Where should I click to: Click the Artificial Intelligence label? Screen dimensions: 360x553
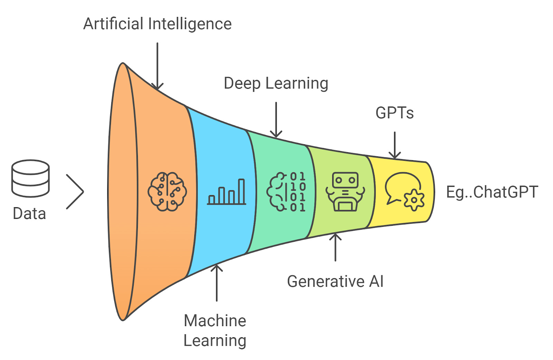pyautogui.click(x=157, y=24)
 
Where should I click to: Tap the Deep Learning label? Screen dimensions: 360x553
pyautogui.click(x=276, y=84)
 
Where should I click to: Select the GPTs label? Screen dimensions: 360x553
pyautogui.click(x=394, y=113)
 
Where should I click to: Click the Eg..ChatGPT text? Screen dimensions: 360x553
pyautogui.click(x=492, y=192)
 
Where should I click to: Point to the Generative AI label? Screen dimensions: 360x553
pyautogui.click(x=335, y=281)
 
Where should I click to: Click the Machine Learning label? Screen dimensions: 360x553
pyautogui.click(x=215, y=331)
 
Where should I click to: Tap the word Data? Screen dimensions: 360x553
pyautogui.click(x=29, y=214)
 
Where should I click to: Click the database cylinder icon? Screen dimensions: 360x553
pyautogui.click(x=30, y=178)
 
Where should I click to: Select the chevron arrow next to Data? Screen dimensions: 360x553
pyautogui.click(x=75, y=192)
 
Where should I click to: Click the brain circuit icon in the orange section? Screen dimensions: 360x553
pyautogui.click(x=167, y=192)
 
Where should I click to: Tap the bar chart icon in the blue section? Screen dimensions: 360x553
pyautogui.click(x=227, y=192)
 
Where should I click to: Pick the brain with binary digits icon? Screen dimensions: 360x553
pyautogui.click(x=286, y=192)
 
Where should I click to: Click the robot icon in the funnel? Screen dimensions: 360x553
pyautogui.click(x=345, y=192)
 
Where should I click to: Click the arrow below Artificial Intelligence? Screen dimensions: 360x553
pyautogui.click(x=157, y=66)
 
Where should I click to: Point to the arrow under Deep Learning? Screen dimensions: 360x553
pyautogui.click(x=276, y=120)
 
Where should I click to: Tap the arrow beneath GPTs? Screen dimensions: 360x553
pyautogui.click(x=395, y=145)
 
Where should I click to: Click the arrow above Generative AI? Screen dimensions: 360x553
pyautogui.click(x=335, y=247)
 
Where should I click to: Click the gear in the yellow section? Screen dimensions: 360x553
pyautogui.click(x=414, y=200)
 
